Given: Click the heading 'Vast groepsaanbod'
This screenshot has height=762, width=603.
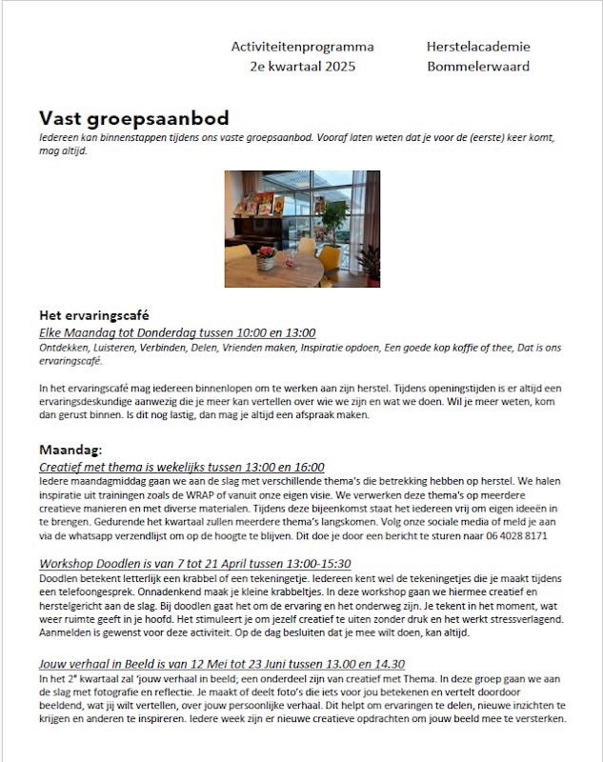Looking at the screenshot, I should tap(133, 118).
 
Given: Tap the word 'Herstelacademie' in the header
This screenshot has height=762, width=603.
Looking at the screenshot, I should tap(478, 47).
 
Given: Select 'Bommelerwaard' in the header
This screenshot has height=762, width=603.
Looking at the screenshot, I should tap(478, 67).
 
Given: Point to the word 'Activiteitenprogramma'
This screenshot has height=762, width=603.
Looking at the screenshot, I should tap(302, 47).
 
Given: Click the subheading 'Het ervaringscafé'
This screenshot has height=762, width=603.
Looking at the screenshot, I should tap(93, 315).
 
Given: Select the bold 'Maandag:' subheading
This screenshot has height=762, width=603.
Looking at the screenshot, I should tap(70, 450).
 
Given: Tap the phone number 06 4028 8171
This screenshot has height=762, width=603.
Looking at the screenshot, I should tap(513, 536).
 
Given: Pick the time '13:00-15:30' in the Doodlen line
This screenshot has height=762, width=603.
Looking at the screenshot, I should tap(317, 564).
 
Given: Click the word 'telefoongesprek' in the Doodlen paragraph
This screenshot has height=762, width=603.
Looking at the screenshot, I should tap(81, 592).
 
